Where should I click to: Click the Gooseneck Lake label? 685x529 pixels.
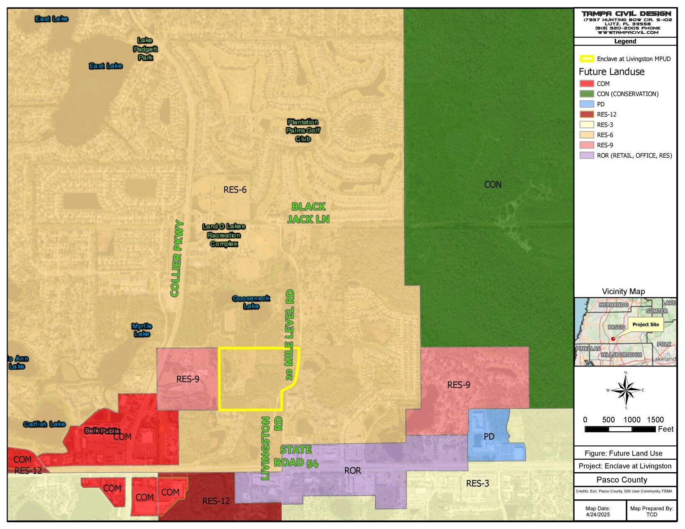point(251,302)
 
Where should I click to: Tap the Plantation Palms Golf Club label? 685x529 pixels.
point(303,130)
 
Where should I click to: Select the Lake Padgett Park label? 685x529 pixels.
point(145,49)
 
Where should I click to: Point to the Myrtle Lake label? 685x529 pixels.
point(142,330)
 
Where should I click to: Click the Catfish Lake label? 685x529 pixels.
point(44,424)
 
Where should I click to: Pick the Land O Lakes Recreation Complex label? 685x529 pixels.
point(224,235)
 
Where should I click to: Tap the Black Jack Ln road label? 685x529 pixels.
point(308,213)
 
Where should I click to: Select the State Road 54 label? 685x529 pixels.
point(296,456)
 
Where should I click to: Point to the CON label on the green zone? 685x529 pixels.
point(493,184)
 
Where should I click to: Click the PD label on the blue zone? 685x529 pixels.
point(489,436)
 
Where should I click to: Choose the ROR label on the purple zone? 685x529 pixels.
point(353,471)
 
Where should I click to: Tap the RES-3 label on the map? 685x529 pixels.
point(477,483)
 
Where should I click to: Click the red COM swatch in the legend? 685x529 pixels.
point(586,84)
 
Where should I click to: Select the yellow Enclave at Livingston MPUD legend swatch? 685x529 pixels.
point(586,59)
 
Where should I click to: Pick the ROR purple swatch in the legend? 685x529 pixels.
point(586,155)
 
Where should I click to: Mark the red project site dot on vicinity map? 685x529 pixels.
point(613,339)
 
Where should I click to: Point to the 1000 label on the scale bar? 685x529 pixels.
point(632,420)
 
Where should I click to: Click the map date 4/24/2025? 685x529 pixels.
point(598,514)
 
